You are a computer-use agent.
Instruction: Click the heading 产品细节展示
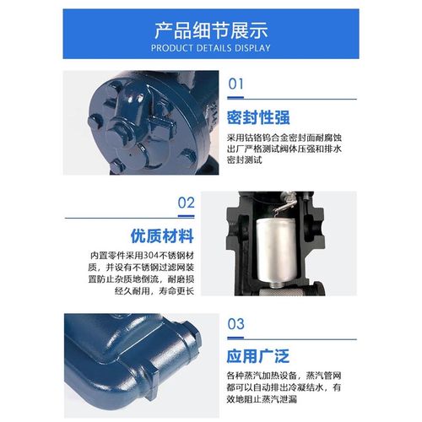pyautogui.click(x=210, y=29)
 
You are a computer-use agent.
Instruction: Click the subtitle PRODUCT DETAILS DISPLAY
pyautogui.click(x=210, y=48)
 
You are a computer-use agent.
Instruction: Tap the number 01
pyautogui.click(x=235, y=84)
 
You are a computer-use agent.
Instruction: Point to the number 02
pyautogui.click(x=186, y=203)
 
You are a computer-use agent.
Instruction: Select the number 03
pyautogui.click(x=235, y=323)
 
